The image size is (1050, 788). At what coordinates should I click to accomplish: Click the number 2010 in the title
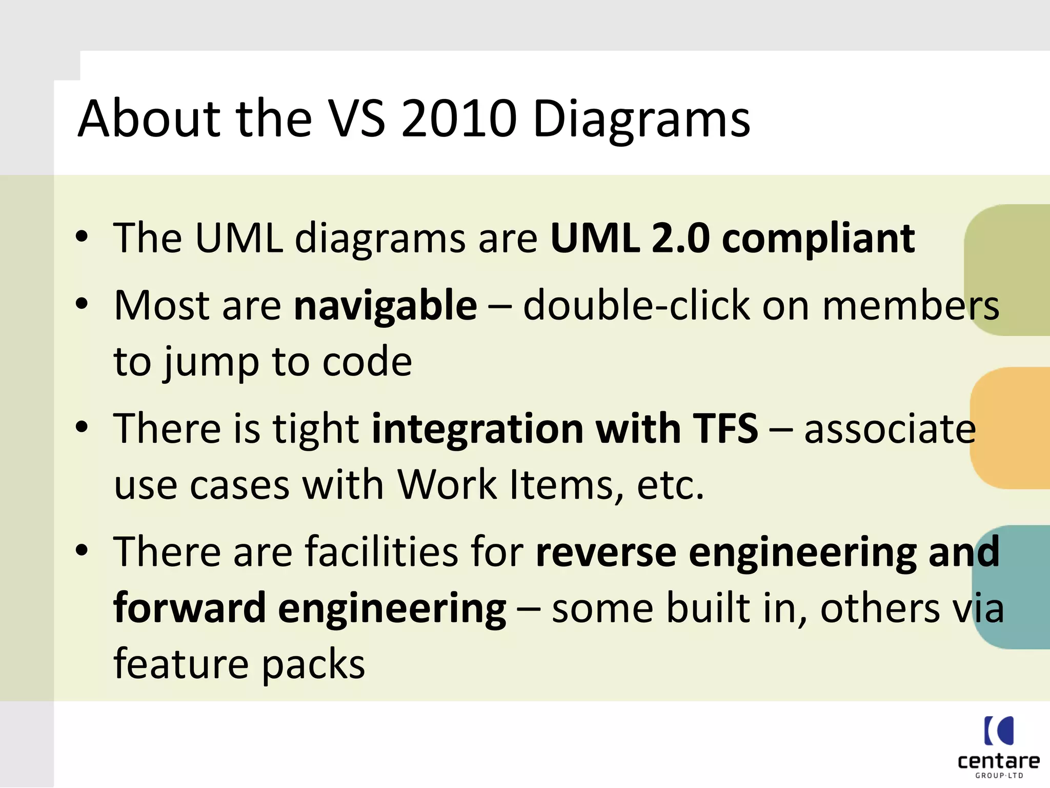[459, 119]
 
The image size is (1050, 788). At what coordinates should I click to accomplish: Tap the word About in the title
[149, 119]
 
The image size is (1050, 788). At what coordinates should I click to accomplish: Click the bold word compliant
[818, 239]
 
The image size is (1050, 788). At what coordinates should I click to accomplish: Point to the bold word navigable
[386, 306]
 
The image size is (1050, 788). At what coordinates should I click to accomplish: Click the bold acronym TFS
[724, 428]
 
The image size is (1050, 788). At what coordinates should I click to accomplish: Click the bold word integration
[477, 429]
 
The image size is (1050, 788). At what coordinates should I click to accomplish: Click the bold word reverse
[605, 553]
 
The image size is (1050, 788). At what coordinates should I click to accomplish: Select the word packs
[313, 665]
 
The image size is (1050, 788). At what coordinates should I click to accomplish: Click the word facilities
[382, 551]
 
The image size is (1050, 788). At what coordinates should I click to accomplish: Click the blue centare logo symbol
[999, 731]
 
